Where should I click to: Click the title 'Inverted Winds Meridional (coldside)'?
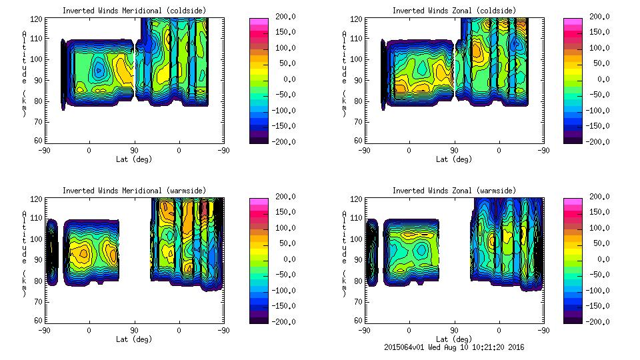134,11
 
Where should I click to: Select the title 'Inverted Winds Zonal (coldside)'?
454,11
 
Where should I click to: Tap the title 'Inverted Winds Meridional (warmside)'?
134,191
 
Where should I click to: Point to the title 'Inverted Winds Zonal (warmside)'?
454,191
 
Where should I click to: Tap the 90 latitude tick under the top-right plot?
454,150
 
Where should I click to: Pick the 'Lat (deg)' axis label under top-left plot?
134,159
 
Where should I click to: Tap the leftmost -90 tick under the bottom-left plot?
44,330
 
